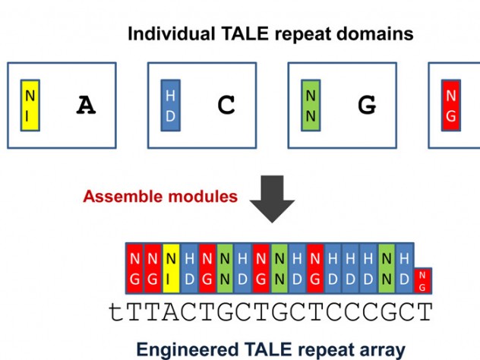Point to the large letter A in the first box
tap(87, 106)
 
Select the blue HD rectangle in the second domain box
tap(170, 105)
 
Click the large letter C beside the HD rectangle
tap(226, 106)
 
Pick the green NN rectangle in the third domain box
tap(311, 105)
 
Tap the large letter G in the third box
tap(367, 106)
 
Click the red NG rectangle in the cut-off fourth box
tap(451, 105)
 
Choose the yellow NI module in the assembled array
tap(171, 269)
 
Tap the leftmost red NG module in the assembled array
tap(134, 269)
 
